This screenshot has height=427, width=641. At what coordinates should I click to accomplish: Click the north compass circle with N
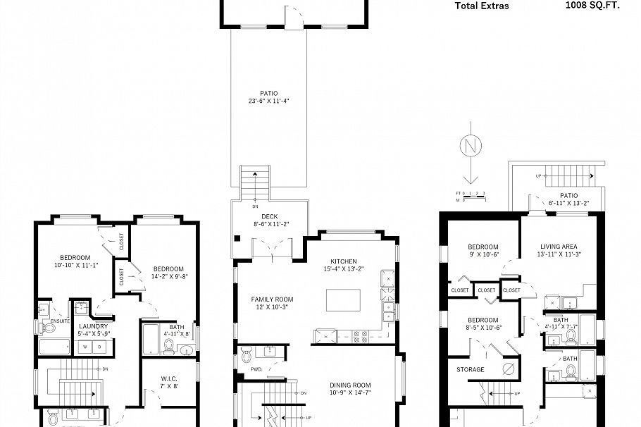click(469, 147)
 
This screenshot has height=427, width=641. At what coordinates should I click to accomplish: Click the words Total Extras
click(482, 6)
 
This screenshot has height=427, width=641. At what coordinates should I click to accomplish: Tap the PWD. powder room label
click(256, 369)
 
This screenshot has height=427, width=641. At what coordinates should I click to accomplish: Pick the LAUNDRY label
click(94, 326)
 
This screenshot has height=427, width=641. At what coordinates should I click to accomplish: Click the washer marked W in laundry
click(85, 346)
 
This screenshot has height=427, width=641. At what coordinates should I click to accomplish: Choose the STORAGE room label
click(470, 369)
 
